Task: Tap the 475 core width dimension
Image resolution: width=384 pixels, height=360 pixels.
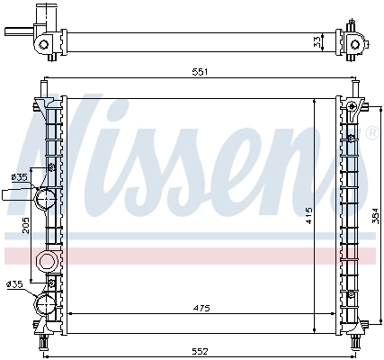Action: tap(201, 308)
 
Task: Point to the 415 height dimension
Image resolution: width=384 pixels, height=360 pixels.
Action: tap(308, 215)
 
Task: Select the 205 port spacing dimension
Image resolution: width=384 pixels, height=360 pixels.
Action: tap(25, 229)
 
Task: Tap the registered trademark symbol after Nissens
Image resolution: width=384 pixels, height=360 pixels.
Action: tap(371, 133)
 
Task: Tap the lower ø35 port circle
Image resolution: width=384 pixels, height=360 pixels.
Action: tap(43, 304)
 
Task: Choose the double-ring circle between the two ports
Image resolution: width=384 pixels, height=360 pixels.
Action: tap(44, 262)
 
